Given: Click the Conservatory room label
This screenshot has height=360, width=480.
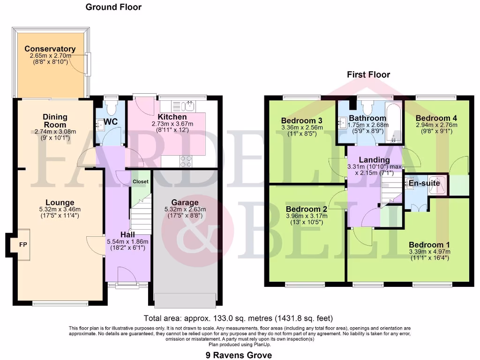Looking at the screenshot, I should pyautogui.click(x=50, y=49).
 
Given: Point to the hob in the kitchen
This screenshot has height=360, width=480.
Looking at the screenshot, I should pyautogui.click(x=186, y=161).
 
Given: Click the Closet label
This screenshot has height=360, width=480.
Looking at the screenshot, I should pyautogui.click(x=140, y=181).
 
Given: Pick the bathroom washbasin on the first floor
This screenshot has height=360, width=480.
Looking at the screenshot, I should pyautogui.click(x=342, y=123).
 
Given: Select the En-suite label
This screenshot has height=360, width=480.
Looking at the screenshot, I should pyautogui.click(x=424, y=183).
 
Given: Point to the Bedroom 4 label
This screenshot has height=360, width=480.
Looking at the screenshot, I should pyautogui.click(x=436, y=118).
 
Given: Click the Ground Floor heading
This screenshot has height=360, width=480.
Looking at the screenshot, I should pyautogui.click(x=113, y=7).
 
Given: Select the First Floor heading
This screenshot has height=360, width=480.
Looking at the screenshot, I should pyautogui.click(x=368, y=75).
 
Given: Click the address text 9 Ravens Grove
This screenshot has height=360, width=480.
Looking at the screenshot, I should pyautogui.click(x=239, y=355).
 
